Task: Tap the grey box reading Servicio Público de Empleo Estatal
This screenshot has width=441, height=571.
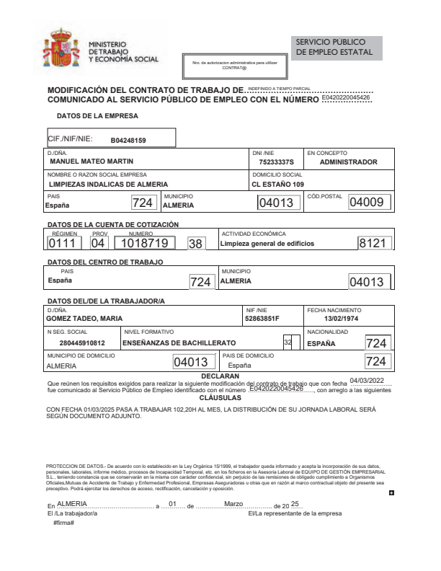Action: point(337,48)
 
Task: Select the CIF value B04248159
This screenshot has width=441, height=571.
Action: point(128,140)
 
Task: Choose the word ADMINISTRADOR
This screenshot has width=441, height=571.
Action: point(348,162)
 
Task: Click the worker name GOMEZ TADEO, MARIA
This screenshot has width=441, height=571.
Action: point(84,319)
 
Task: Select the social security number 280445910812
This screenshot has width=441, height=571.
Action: point(82,343)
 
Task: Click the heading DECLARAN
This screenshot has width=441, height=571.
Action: point(220,376)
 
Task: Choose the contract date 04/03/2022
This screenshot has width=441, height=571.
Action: point(367,380)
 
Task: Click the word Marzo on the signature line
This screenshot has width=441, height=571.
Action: point(237,503)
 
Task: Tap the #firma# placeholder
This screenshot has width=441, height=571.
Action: point(64,521)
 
